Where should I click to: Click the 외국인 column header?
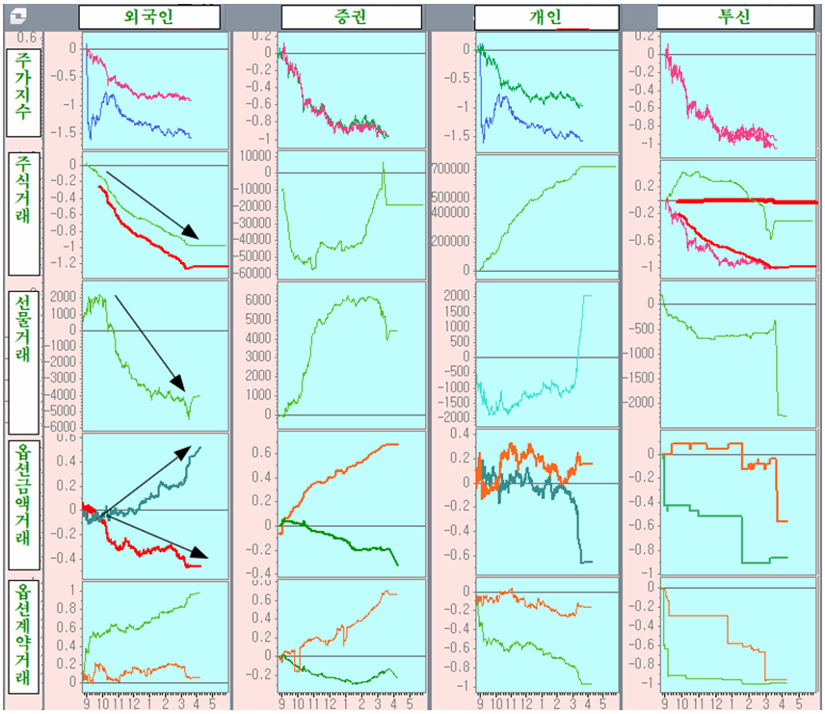point(149,17)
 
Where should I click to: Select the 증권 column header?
point(351,17)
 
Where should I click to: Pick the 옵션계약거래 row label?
point(24,636)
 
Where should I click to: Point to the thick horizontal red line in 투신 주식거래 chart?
point(732,201)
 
